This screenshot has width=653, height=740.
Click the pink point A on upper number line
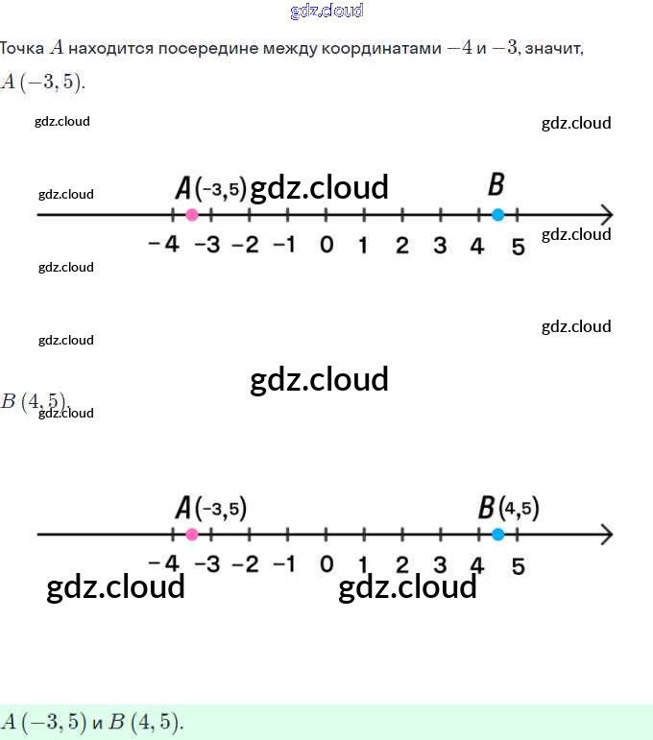(191, 214)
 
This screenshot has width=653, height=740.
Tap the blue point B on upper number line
(496, 214)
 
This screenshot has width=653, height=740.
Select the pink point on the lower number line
(191, 535)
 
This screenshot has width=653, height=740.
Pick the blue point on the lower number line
(496, 535)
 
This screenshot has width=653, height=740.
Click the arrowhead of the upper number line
(606, 214)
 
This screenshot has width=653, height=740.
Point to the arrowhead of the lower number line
(606, 535)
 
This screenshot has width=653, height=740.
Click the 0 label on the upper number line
(326, 246)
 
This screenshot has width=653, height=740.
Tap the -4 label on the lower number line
(164, 564)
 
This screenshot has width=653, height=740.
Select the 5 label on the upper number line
(518, 247)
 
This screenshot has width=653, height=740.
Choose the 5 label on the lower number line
(518, 566)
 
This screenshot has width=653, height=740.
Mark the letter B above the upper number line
(496, 184)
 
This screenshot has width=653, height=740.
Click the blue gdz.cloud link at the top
(326, 11)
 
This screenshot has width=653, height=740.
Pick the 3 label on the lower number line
(440, 564)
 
